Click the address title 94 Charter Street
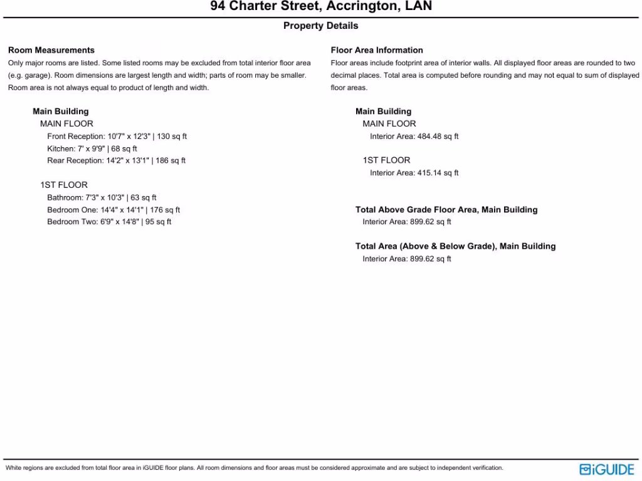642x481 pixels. pos(321,7)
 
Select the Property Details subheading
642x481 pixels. pos(321,26)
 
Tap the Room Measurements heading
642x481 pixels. pos(51,50)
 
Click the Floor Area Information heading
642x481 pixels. pos(377,50)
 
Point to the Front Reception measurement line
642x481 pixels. pos(117,136)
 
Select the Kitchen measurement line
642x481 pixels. pos(92,148)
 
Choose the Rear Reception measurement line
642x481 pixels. pos(116,160)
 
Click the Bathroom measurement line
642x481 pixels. pos(102,197)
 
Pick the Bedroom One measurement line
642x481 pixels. pos(113,210)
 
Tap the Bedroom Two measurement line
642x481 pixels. pos(109,222)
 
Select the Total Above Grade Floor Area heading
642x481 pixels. pos(446,210)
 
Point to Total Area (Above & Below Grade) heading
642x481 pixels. pos(455,246)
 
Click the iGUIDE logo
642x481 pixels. pos(606,469)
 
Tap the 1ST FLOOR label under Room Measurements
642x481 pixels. pos(64,185)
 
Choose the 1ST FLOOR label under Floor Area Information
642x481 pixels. pos(386,160)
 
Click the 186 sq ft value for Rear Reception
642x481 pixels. pos(171,160)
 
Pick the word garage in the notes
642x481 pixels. pos(29,75)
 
